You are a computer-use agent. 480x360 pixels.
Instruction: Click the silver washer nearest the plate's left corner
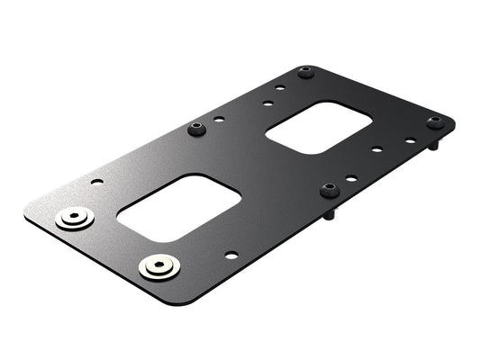(74, 219)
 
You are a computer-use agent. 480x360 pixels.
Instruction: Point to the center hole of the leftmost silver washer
(74, 218)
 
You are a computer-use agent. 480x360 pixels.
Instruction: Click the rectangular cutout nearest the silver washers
(179, 207)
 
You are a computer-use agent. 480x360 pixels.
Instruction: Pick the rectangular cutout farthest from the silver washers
(320, 128)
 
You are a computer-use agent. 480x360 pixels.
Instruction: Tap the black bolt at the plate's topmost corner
(305, 72)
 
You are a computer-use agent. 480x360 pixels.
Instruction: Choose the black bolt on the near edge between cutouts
(328, 190)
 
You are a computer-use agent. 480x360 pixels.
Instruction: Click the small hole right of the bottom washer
(231, 255)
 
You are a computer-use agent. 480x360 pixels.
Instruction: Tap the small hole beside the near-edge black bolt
(352, 178)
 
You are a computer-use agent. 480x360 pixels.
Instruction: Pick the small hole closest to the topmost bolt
(280, 88)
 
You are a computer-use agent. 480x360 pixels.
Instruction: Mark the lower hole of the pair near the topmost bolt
(267, 103)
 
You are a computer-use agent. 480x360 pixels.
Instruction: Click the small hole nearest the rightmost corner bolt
(410, 140)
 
